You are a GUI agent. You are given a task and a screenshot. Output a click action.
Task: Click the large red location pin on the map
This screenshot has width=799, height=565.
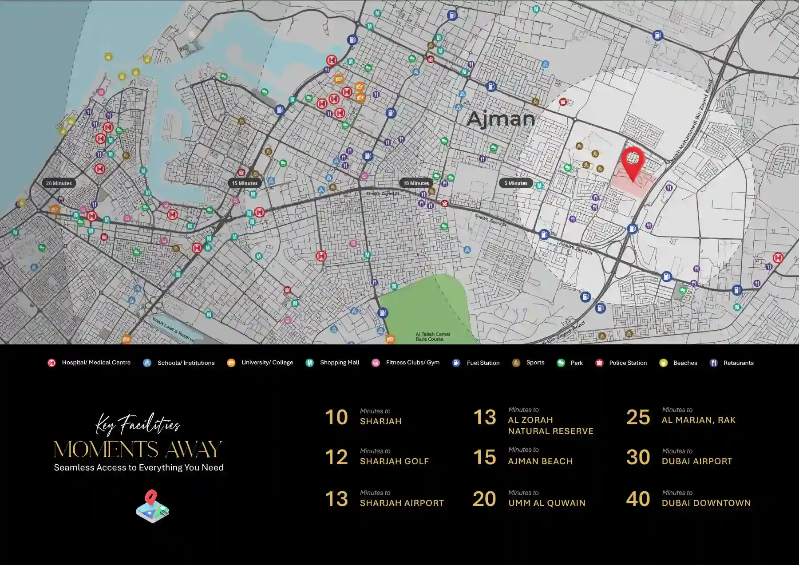[x=633, y=162]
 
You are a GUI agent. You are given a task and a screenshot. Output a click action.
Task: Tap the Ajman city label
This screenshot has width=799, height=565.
[x=501, y=119]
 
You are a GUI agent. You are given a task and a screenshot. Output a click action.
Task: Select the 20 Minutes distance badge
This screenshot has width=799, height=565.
[x=59, y=183]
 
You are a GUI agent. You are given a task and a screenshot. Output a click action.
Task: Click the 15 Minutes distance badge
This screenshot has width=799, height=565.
[x=245, y=183]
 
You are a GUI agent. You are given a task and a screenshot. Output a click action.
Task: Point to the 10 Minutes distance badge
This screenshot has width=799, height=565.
[x=416, y=183]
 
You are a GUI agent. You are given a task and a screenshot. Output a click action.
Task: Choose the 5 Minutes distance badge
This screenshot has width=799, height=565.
[x=516, y=183]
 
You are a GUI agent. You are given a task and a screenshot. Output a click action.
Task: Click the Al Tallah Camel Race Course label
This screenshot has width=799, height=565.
[x=432, y=336]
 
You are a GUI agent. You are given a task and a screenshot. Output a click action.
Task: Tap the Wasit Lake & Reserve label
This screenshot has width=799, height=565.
[x=173, y=329]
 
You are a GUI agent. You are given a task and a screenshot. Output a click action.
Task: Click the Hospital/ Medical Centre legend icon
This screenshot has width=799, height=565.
[x=51, y=363]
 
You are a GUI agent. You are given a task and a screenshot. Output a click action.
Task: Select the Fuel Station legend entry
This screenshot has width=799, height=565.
[x=483, y=363]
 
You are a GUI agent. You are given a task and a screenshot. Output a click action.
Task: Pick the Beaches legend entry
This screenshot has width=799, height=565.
[x=685, y=363]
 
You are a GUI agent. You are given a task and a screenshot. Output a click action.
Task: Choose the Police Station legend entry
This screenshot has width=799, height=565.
[x=627, y=363]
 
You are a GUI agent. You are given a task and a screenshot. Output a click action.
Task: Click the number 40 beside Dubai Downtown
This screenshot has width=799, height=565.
[x=638, y=499]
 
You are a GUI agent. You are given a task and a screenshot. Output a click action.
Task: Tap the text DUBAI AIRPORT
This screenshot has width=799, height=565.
[x=696, y=461]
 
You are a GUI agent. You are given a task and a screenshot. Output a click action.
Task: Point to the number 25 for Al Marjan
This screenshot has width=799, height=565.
[x=638, y=417]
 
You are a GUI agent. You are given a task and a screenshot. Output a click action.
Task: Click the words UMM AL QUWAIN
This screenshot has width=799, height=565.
[x=546, y=503]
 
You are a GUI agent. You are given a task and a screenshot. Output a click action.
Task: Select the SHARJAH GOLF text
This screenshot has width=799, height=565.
[x=394, y=461]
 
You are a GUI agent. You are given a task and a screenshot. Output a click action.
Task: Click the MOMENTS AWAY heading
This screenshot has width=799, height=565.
[x=138, y=449]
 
